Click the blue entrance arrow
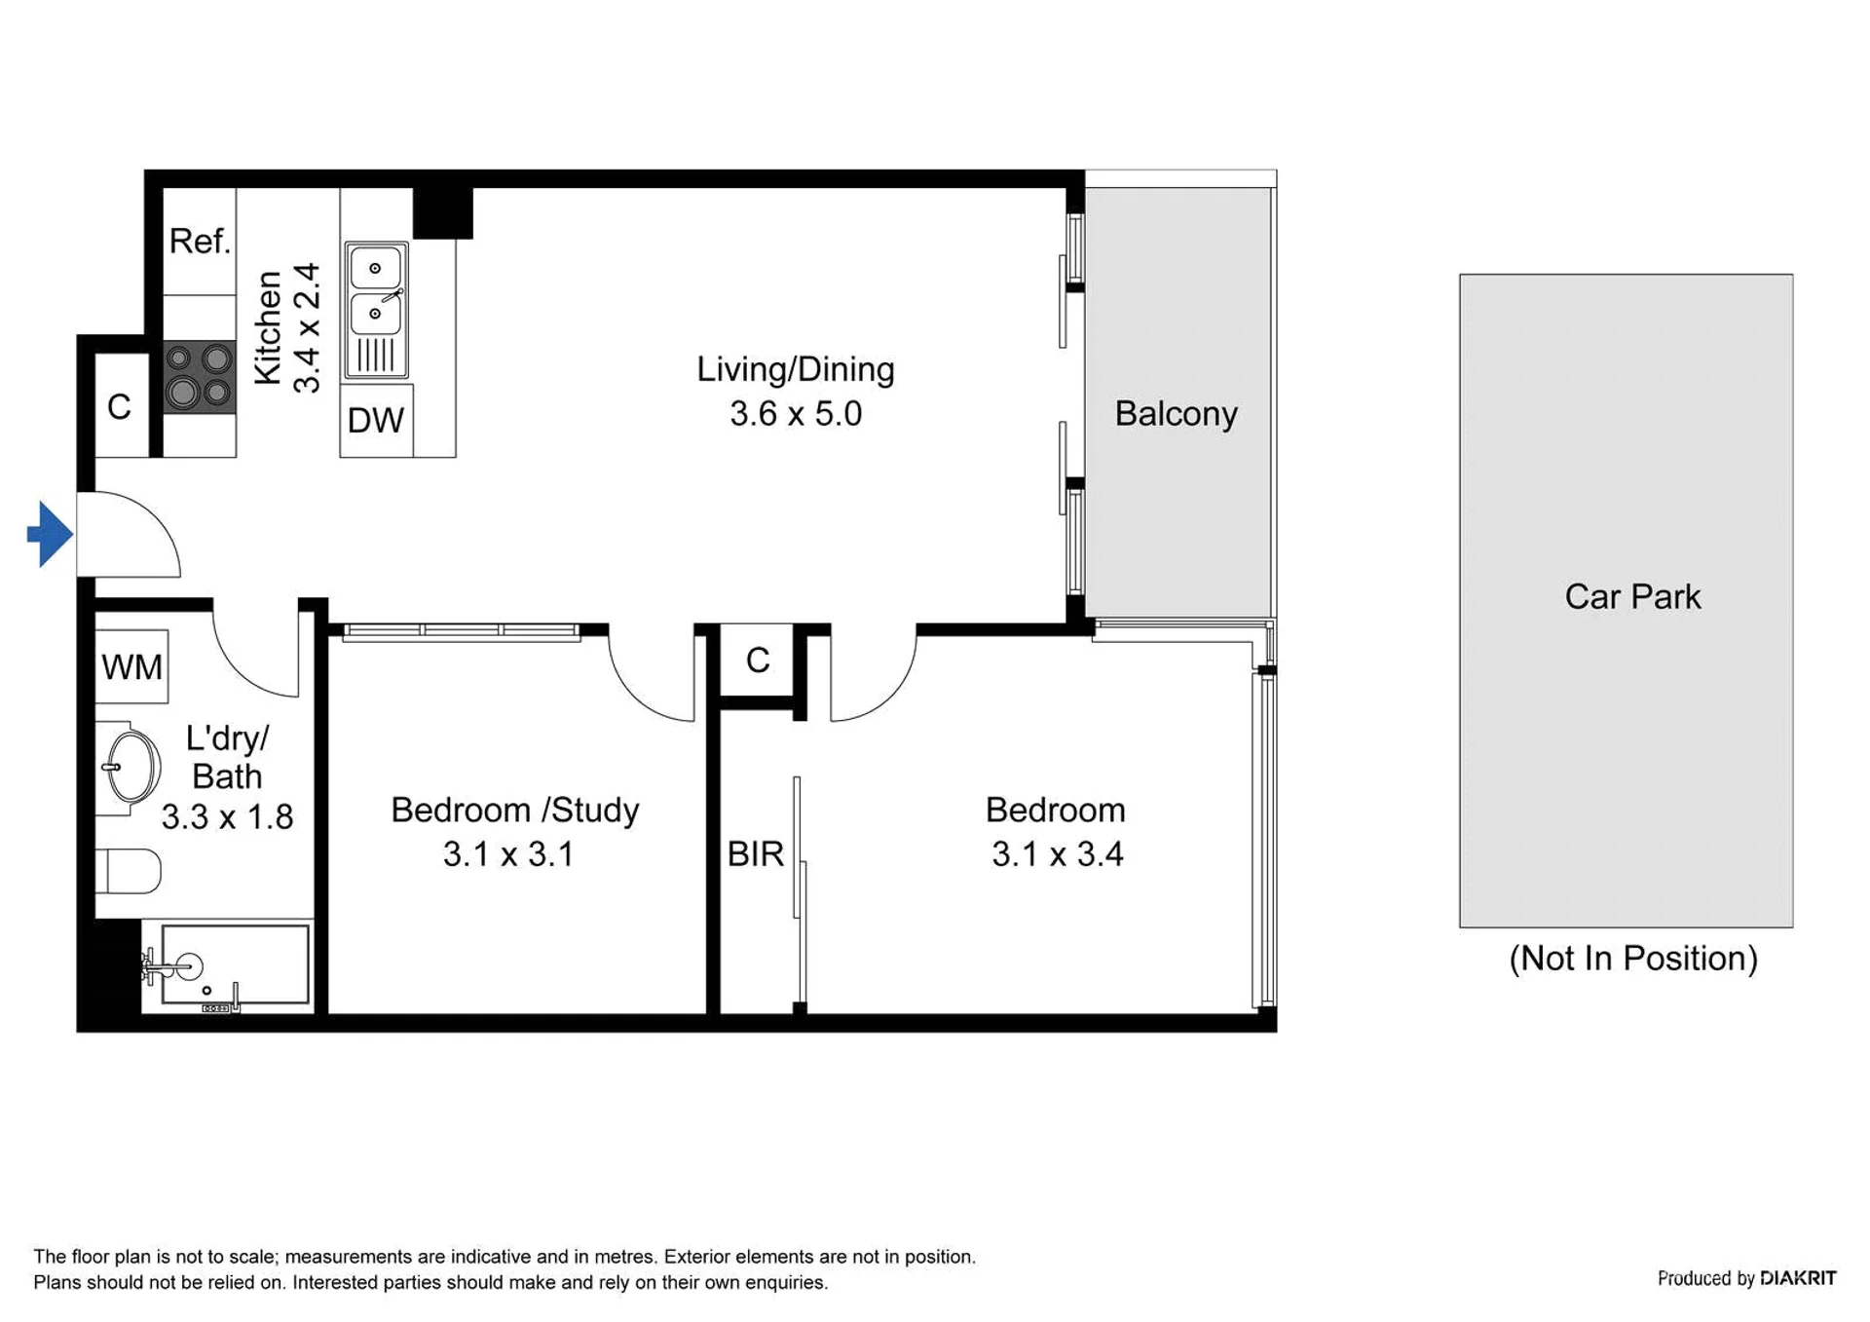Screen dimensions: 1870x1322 (50, 534)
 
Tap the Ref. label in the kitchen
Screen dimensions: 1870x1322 (200, 241)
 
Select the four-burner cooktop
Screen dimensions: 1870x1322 (199, 376)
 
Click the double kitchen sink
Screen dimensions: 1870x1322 (376, 310)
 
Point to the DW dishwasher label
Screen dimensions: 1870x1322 (375, 421)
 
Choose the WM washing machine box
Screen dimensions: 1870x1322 (131, 667)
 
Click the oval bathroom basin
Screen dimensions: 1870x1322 (131, 767)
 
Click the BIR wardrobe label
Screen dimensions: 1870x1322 (755, 854)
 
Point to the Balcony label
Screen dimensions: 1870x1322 (1176, 414)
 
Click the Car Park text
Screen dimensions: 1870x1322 (1632, 596)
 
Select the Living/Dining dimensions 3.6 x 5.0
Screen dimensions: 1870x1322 (796, 414)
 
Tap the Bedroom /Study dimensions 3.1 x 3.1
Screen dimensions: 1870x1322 (507, 854)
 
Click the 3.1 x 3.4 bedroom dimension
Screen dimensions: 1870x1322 (1058, 854)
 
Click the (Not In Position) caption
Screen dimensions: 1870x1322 (1633, 959)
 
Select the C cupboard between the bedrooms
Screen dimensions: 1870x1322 (758, 661)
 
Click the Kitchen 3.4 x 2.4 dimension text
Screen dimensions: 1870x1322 (287, 328)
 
